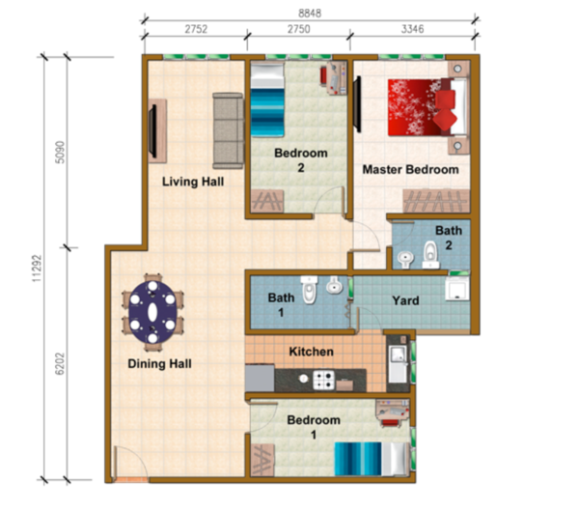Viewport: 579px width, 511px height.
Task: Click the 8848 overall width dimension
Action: click(310, 14)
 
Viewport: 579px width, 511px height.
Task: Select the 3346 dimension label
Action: click(412, 29)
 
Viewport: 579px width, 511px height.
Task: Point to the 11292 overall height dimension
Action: click(37, 269)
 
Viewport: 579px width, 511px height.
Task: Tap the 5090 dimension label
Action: click(60, 152)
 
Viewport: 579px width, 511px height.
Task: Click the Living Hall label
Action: click(193, 182)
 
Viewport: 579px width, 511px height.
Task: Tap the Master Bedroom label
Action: click(411, 169)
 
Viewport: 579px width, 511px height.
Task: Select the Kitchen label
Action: click(312, 352)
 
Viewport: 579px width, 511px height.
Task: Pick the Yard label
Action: click(405, 300)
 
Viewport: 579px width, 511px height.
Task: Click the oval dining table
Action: click(152, 312)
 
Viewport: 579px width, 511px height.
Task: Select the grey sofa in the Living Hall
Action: click(228, 130)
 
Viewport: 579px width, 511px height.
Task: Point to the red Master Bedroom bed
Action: click(427, 107)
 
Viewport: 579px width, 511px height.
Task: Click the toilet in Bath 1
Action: click(309, 290)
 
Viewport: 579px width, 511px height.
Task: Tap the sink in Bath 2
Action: click(405, 259)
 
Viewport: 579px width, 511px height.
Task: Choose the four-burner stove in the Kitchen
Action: click(323, 380)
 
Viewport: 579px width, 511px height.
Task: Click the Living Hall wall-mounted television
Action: click(152, 130)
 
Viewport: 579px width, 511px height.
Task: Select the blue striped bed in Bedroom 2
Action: click(267, 99)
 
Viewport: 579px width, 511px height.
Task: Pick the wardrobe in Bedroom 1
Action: click(262, 460)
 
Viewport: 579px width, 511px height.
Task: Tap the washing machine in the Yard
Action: click(457, 288)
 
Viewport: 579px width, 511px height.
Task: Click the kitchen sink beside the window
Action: click(398, 364)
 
